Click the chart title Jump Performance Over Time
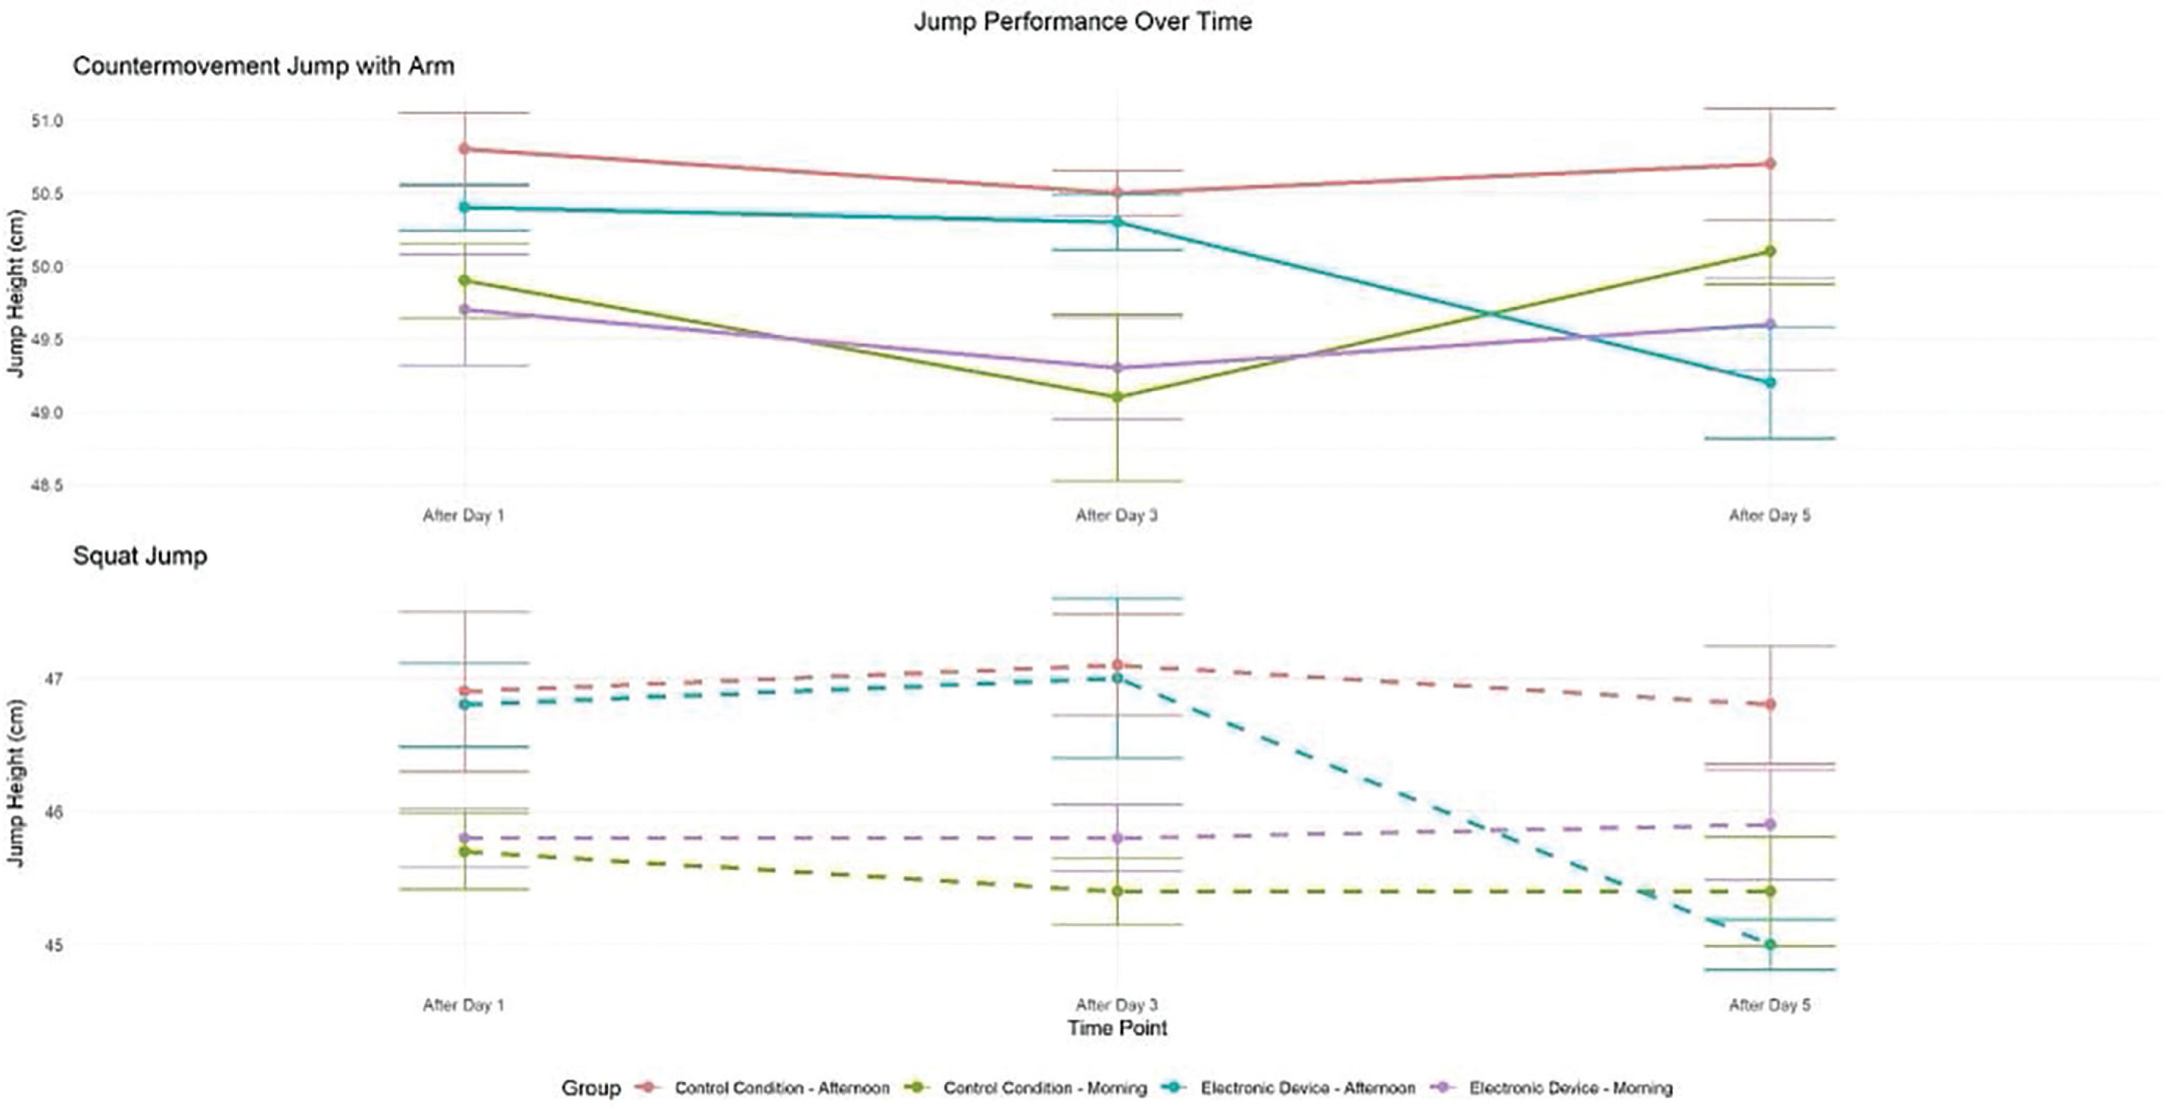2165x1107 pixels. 1083,21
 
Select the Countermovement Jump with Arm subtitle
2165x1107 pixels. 263,66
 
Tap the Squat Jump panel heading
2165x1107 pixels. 140,555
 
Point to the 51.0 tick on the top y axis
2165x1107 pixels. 47,121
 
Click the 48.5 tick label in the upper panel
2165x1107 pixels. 47,486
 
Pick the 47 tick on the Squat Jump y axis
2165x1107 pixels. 52,678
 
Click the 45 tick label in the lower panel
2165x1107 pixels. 52,945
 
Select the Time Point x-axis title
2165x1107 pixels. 1117,1028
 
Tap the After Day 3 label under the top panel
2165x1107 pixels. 1116,515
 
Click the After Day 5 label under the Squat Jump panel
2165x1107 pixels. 1769,1005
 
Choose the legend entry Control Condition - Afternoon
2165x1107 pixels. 782,1088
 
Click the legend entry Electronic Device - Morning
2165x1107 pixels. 1570,1088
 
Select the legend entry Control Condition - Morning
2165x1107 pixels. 1045,1088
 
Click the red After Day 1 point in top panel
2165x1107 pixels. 464,149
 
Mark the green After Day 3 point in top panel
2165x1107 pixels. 1117,396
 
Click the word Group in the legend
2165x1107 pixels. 591,1088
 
